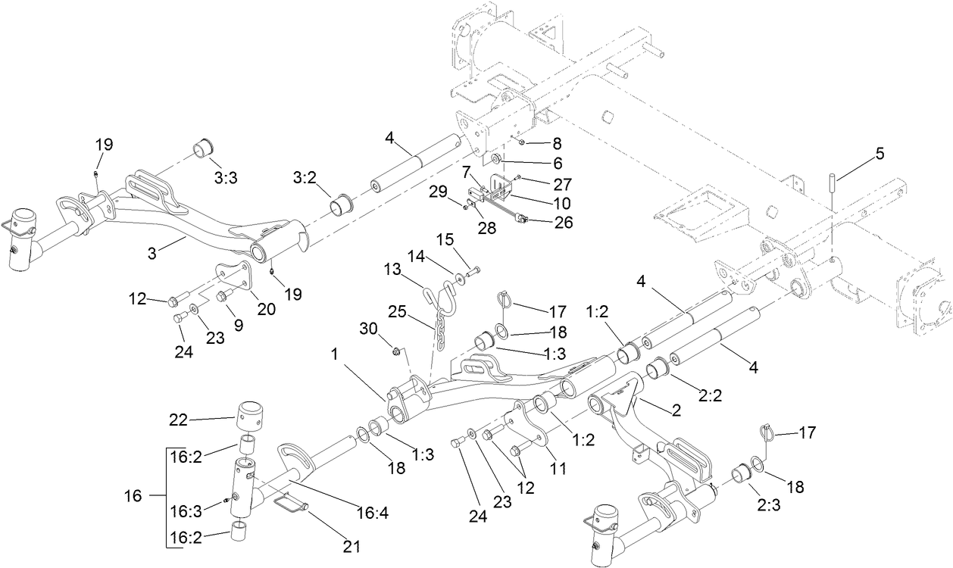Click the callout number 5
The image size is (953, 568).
click(880, 153)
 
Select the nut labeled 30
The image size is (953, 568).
click(395, 350)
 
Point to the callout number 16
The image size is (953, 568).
click(133, 497)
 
